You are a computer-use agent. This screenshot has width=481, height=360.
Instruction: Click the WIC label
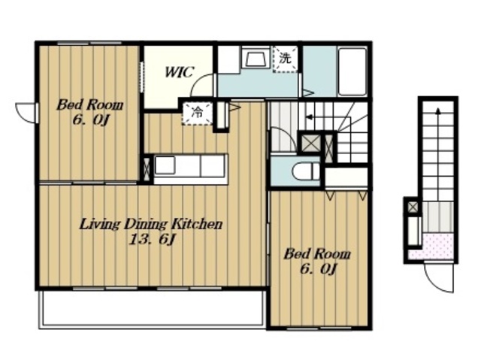180,71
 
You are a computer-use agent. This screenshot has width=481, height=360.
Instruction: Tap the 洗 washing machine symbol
286,59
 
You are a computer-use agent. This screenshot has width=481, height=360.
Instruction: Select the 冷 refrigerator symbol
197,113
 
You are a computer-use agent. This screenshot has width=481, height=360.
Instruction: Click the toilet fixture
306,171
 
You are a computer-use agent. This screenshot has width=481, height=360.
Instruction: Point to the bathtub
352,71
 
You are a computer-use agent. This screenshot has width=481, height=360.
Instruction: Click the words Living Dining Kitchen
150,225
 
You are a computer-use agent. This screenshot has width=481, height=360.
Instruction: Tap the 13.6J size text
152,240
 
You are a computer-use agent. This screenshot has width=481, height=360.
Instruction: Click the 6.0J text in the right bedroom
319,270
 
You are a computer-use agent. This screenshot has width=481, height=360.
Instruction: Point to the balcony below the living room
153,309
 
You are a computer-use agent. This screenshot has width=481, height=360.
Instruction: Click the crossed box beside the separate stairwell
413,207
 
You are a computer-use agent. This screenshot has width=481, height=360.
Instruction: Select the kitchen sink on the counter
165,165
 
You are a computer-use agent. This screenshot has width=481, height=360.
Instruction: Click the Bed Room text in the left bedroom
90,105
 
